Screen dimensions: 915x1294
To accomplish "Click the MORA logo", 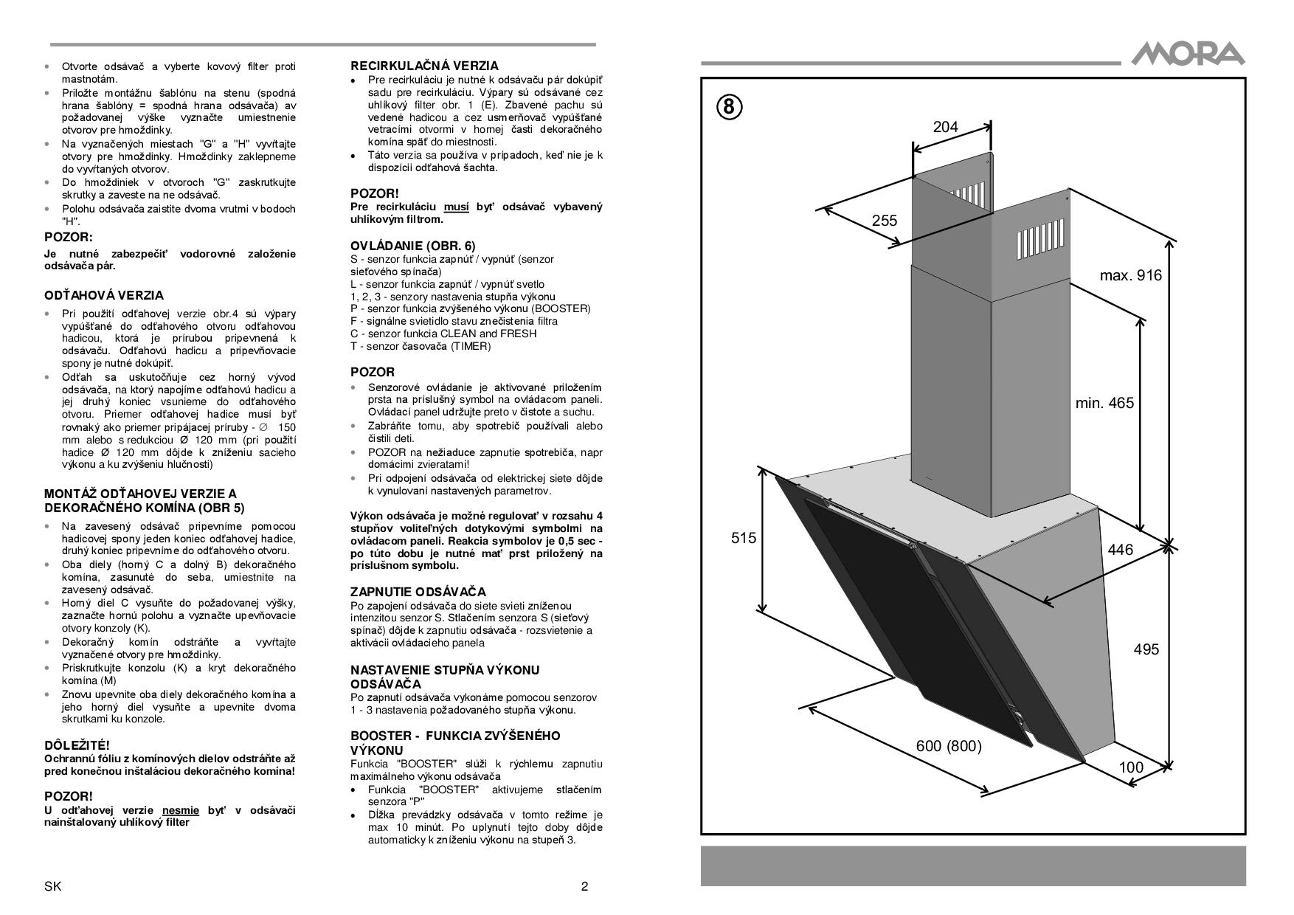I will click(x=1188, y=54).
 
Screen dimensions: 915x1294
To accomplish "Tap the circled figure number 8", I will click(x=729, y=108).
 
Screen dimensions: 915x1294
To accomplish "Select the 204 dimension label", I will click(x=945, y=127).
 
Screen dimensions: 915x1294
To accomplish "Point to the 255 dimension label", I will click(x=885, y=220).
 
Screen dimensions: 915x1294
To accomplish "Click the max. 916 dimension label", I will click(x=1130, y=275).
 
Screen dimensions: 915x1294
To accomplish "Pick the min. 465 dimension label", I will click(x=1104, y=403).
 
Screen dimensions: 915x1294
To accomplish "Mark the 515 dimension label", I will click(x=744, y=538).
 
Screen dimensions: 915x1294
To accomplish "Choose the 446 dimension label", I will click(x=1121, y=550).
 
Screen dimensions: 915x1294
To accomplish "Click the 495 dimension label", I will click(x=1146, y=649).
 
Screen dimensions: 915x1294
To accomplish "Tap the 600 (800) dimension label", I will click(x=949, y=746).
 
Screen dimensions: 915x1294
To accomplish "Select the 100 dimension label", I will click(x=1131, y=767).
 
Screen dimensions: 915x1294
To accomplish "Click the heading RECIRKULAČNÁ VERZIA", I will click(x=424, y=66).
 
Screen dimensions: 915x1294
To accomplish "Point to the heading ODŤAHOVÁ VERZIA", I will click(x=104, y=295).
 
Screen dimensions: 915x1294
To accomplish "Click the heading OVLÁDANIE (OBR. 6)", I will click(x=413, y=246).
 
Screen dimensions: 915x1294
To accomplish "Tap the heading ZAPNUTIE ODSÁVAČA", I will click(x=418, y=592).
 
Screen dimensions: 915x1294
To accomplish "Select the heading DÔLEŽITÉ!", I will click(x=77, y=746).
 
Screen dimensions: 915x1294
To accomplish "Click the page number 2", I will click(x=585, y=886).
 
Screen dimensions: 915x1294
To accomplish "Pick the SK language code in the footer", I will click(x=52, y=886).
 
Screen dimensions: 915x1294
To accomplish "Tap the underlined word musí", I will click(x=456, y=207).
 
